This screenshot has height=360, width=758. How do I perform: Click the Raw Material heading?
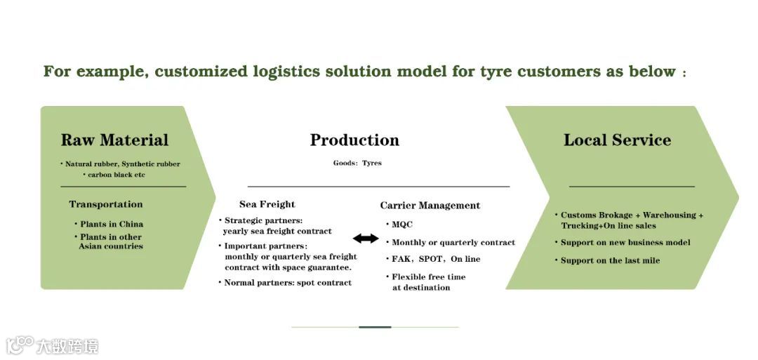(114, 140)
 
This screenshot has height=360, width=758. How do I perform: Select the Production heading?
(354, 140)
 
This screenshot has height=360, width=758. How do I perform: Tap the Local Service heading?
(617, 140)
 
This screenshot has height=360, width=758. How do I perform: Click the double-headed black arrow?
(366, 239)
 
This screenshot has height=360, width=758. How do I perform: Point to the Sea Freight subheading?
(267, 204)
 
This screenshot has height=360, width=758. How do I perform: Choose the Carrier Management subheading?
(430, 206)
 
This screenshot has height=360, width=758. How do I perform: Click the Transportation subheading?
(105, 204)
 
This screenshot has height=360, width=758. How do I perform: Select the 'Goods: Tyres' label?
(357, 163)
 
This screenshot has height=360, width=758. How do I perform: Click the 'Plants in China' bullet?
(111, 225)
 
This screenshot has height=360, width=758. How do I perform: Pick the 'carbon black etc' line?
(116, 175)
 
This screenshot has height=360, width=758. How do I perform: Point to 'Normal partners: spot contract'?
(288, 283)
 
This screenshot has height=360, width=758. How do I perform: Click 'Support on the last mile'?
(610, 260)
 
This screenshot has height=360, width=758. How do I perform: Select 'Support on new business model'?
(625, 242)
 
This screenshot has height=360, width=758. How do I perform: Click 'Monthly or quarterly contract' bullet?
(453, 242)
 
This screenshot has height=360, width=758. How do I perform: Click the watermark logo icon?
(20, 345)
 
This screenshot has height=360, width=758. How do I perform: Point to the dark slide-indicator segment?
(375, 327)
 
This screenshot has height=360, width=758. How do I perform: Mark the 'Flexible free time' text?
(428, 276)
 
